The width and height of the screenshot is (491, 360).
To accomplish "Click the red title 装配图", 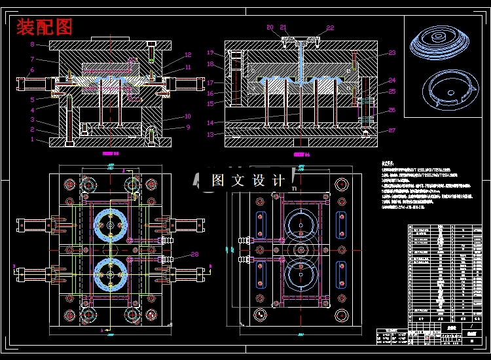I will pos(45,27).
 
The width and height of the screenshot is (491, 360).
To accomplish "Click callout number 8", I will pos(32,45).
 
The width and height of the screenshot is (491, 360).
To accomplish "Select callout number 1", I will pos(32,139).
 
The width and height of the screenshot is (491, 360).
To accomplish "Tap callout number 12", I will pos(188,55).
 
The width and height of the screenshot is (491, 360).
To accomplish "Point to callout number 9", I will pos(188,127).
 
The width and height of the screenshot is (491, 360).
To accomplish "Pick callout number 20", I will pos(270,27).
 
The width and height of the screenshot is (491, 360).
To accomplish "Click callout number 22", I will pos(330,28).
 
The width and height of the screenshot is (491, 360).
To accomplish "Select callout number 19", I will pos(211,52).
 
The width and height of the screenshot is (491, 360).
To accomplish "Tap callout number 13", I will pos(211,134).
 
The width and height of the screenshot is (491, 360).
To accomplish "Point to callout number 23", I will pos(391,53).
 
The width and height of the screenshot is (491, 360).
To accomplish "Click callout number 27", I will pos(391,130).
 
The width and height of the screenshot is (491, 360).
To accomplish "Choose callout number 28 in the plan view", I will pos(194,255).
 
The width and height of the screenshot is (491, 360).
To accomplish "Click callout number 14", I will pos(211,123).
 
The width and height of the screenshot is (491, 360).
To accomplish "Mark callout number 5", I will pos(32,99).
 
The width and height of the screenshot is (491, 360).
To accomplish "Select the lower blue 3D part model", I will pos(445,89).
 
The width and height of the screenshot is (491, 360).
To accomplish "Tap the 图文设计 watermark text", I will pos(249,181).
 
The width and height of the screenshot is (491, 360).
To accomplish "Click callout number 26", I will pos(391,110).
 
